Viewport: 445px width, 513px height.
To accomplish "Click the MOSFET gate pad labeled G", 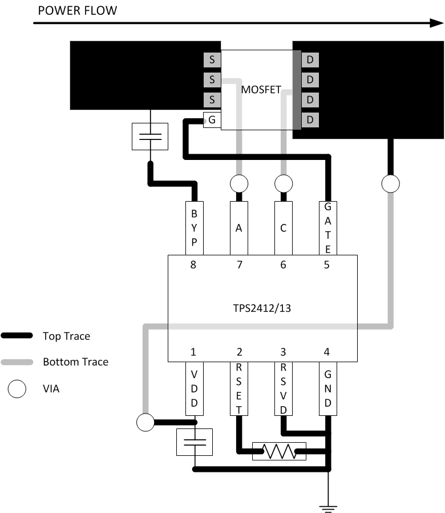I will pyautogui.click(x=212, y=120).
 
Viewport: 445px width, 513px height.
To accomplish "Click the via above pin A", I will pyautogui.click(x=239, y=184).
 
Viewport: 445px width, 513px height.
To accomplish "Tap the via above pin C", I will pyautogui.click(x=283, y=184).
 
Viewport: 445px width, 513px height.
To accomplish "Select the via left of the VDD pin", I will pyautogui.click(x=145, y=423).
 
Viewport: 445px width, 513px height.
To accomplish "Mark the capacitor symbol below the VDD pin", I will pyautogui.click(x=195, y=442).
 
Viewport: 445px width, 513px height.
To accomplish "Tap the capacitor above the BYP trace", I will pyautogui.click(x=150, y=137).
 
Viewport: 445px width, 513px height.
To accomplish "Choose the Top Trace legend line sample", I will pyautogui.click(x=18, y=336).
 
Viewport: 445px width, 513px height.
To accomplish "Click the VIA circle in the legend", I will pyautogui.click(x=18, y=389).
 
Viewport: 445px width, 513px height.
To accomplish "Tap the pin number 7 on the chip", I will pyautogui.click(x=240, y=264).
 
